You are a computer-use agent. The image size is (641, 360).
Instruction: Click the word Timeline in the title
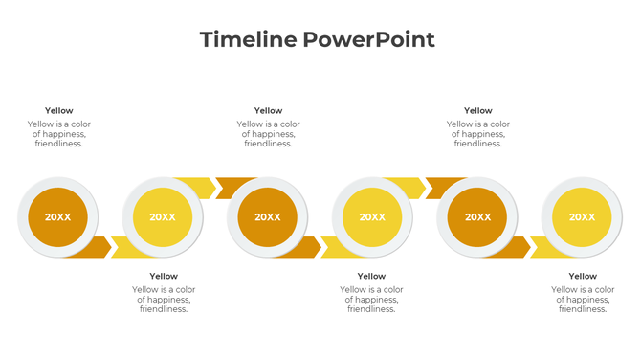coord(248,39)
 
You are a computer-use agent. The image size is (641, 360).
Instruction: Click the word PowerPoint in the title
coord(368,39)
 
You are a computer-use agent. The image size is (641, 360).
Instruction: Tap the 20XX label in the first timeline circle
coord(58,217)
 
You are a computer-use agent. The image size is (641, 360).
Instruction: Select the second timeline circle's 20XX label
coord(163,217)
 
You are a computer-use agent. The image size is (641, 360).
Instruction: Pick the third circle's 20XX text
coord(268,217)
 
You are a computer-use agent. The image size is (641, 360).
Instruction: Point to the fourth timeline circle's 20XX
coord(372,217)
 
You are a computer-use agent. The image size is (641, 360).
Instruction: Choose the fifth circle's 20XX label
coord(477,217)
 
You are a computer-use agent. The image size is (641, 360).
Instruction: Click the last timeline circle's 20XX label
coord(582,217)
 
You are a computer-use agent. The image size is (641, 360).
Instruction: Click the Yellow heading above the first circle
coord(58,111)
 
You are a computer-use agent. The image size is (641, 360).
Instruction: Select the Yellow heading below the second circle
coord(164,277)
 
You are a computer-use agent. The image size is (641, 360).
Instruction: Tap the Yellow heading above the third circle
coord(268,111)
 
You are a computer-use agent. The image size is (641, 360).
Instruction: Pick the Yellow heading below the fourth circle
coord(373,277)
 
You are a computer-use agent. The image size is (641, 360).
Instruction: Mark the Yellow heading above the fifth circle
coord(477,111)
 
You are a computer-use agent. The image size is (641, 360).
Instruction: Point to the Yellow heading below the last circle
coord(583,277)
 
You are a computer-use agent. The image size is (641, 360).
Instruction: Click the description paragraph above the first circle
coord(58,134)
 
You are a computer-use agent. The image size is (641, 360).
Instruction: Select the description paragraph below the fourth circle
coord(373,300)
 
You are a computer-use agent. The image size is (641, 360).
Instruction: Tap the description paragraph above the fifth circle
coord(477,134)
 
